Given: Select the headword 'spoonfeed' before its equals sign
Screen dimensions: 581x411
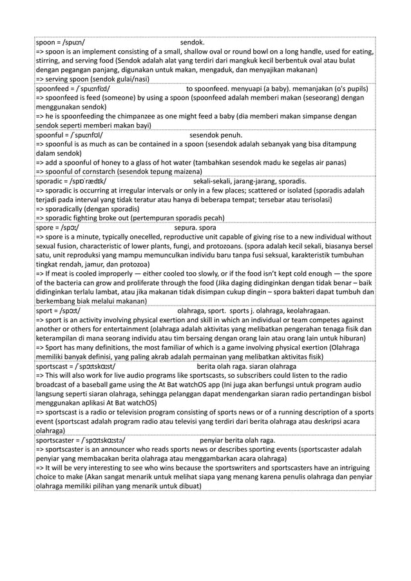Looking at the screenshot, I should tap(55, 88).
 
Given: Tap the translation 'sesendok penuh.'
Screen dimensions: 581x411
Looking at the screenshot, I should tap(216, 136).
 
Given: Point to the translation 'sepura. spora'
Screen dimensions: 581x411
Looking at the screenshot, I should tap(195, 228).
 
